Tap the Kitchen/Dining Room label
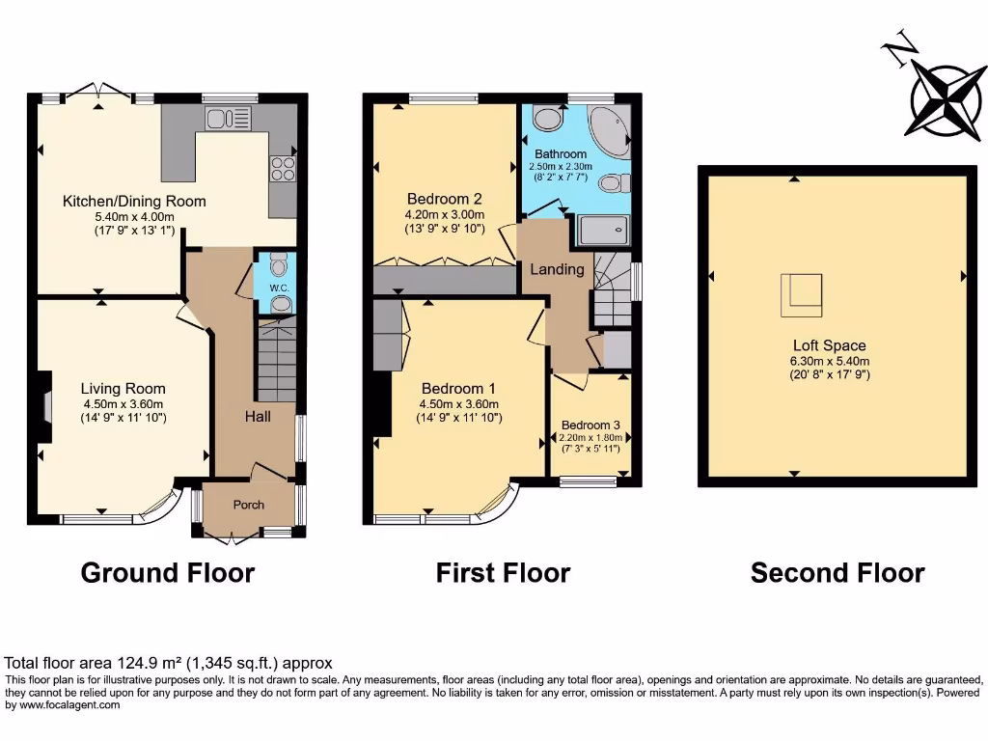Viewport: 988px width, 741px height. [134, 202]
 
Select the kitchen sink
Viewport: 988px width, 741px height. [228, 119]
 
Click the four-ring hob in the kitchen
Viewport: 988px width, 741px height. [283, 168]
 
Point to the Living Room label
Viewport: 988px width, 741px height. [123, 389]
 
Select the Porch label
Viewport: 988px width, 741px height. [248, 505]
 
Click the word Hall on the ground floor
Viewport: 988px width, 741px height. [257, 416]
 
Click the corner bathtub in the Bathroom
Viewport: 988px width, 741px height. [607, 130]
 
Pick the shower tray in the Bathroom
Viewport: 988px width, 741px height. [601, 231]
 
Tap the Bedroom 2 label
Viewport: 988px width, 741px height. [444, 200]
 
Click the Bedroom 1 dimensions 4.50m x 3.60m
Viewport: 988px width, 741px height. [458, 404]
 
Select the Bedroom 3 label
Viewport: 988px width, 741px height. [590, 425]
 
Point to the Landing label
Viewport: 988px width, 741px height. [557, 269]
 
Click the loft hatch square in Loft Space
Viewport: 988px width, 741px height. [801, 294]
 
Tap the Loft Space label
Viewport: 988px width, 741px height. [829, 345]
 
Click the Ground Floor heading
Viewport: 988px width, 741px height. [168, 573]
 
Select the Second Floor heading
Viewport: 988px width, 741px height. [837, 573]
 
